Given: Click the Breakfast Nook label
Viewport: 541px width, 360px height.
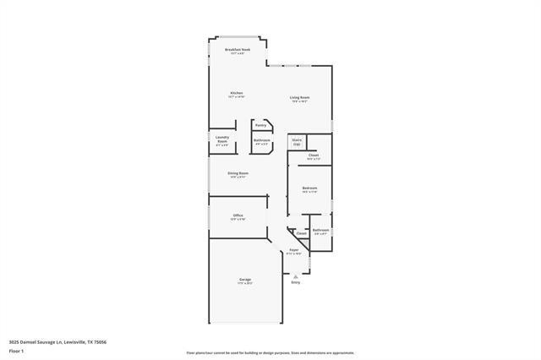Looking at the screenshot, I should coord(238,51).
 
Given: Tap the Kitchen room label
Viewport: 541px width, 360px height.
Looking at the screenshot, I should coord(237,93).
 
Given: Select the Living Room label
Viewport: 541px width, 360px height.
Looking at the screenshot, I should coord(300,98).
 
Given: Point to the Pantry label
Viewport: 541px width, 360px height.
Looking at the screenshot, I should coord(260,124).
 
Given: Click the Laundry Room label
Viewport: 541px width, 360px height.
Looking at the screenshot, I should coord(221,139).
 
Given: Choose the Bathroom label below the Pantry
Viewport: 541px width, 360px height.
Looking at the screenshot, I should coord(261,140).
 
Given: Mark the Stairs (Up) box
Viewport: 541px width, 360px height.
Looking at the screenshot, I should coord(297,142).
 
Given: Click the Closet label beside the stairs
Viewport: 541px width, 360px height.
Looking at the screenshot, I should coord(313,155).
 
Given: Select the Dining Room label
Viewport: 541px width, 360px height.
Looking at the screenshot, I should coord(238,174).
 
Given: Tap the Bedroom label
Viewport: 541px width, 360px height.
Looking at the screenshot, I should coord(309,188).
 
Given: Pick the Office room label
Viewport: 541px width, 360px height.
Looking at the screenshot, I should coord(238,216).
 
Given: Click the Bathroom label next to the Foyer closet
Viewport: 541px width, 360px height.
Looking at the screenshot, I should coord(320,231).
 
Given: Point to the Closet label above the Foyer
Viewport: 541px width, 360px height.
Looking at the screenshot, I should coord(301,233).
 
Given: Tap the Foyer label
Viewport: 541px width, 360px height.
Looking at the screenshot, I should coord(294,250).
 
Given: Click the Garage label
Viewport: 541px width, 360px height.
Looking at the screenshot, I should coord(244,280).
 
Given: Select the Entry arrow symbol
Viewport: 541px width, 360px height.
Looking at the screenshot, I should coord(295,275).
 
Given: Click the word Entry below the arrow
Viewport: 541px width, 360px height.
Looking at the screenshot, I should coord(295,282).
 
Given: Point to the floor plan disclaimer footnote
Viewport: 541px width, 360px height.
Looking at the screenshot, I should coord(270,352).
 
